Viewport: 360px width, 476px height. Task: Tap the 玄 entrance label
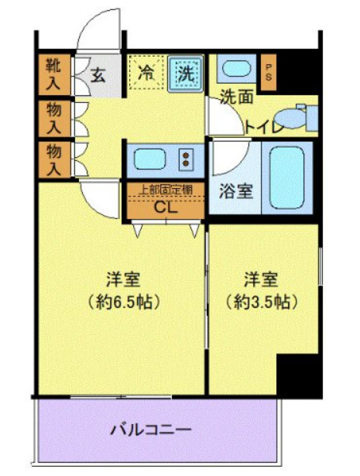(x=98, y=75)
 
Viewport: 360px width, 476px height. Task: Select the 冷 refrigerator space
(x=145, y=74)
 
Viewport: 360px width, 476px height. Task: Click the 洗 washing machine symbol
(x=186, y=74)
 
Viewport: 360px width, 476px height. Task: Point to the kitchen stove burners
(x=188, y=159)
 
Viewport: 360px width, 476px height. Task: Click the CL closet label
(x=166, y=207)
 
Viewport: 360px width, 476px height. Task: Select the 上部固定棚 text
(x=166, y=189)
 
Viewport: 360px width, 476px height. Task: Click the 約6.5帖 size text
(x=122, y=301)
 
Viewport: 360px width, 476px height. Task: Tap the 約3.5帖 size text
(x=262, y=300)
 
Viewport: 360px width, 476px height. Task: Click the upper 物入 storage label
(x=52, y=117)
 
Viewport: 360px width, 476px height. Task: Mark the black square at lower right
(x=298, y=375)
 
